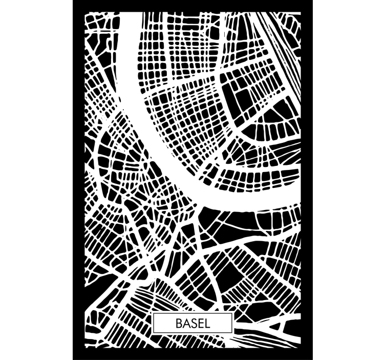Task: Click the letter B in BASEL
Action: tap(179, 324)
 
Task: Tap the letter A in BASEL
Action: tap(186, 324)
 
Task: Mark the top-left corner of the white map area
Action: tap(85, 13)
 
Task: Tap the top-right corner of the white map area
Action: tap(301, 13)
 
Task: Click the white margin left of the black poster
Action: tap(36, 179)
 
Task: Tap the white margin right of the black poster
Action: tap(348, 179)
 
